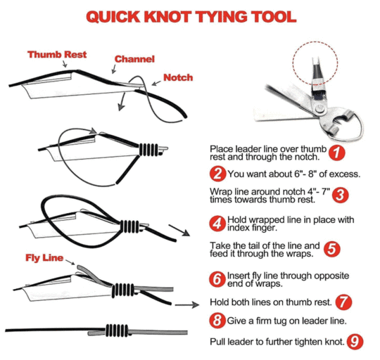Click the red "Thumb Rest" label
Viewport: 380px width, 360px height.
tap(57, 54)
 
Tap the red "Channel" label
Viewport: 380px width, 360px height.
tap(134, 59)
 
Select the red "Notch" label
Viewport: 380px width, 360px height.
tap(178, 77)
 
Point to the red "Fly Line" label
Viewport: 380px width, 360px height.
tap(44, 258)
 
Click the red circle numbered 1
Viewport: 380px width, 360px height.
tap(337, 153)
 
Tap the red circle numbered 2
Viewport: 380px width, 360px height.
tap(217, 174)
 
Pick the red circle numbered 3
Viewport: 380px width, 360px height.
tap(341, 195)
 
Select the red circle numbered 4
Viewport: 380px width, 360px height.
tap(217, 224)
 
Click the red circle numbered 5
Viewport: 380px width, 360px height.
tap(332, 249)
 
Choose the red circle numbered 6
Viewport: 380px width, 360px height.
tap(217, 279)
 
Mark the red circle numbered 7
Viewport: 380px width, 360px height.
tap(343, 302)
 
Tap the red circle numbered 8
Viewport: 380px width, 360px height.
tap(217, 321)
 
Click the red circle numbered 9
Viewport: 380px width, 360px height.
tap(355, 342)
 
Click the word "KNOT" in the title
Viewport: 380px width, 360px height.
tap(167, 17)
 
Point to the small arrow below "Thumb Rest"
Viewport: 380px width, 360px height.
tap(65, 64)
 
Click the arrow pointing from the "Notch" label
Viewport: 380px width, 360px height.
tap(156, 83)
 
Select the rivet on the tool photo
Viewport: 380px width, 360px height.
tap(320, 110)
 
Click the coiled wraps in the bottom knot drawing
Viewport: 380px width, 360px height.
tap(117, 330)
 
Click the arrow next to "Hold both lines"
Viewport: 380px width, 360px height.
tap(187, 304)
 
